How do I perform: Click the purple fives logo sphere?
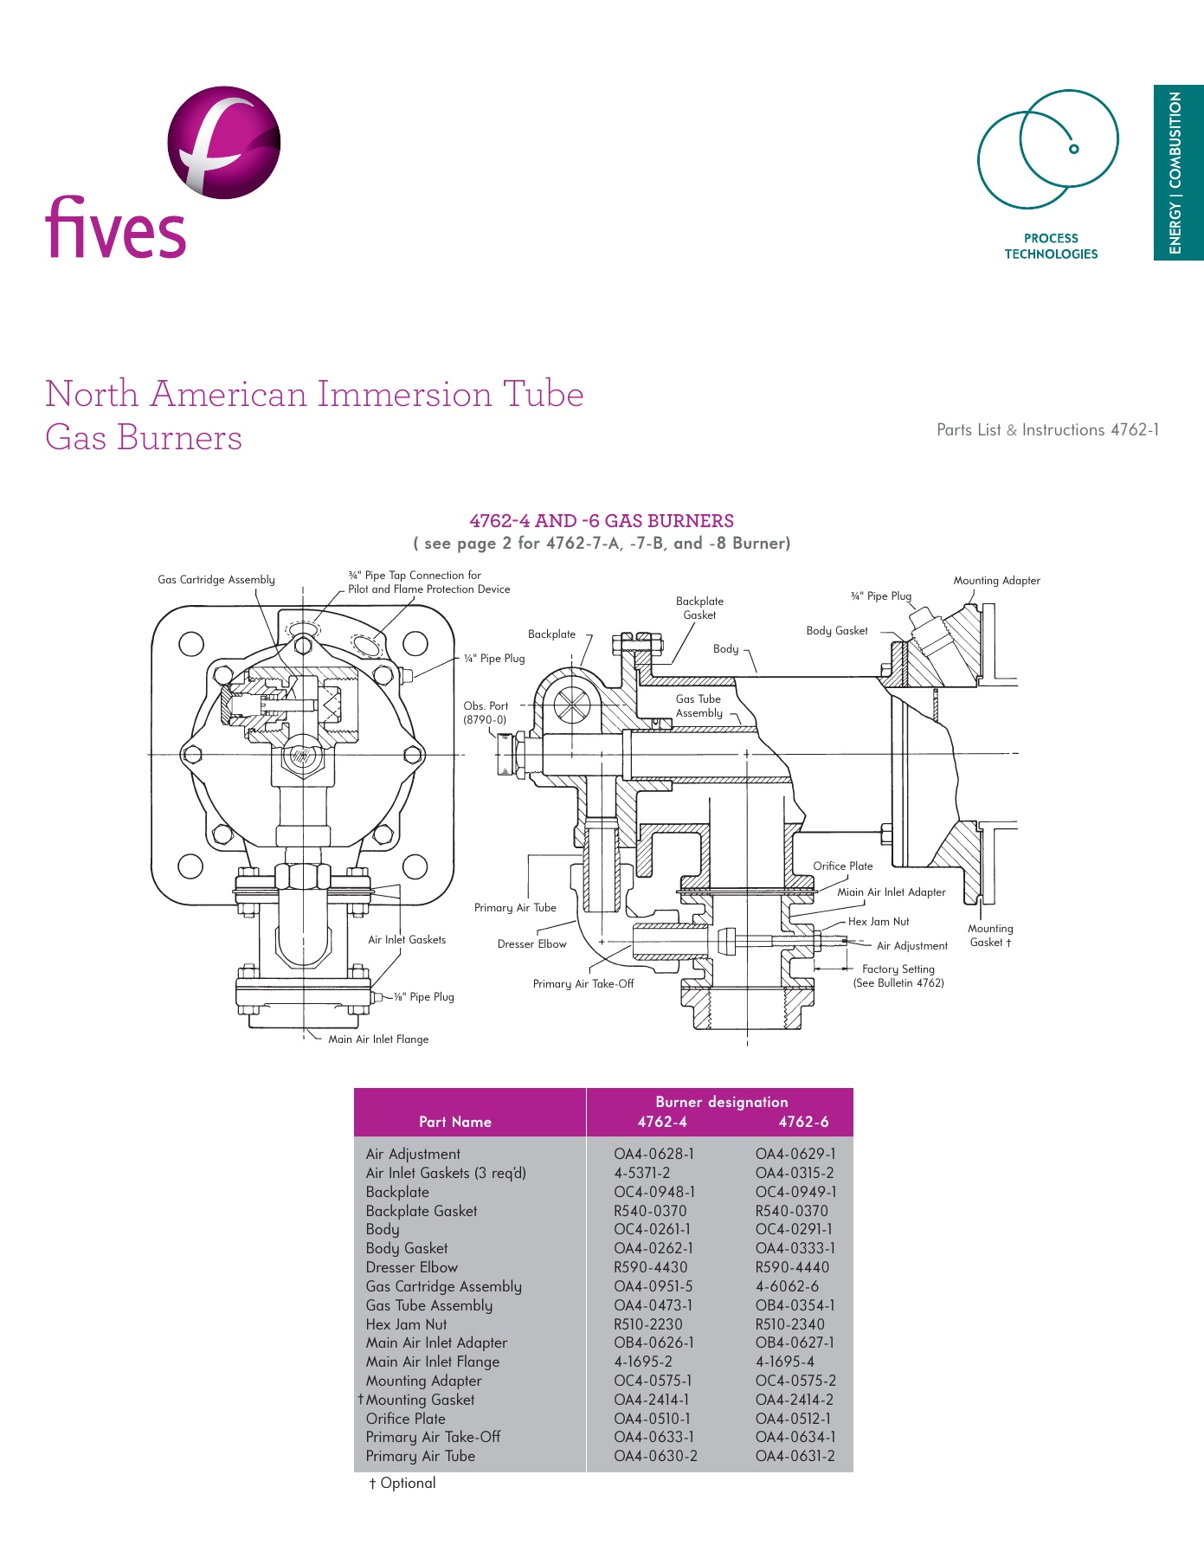coord(223,143)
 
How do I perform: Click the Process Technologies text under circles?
coord(1050,246)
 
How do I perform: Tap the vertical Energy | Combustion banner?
coord(1176,172)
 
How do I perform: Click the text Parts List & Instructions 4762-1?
coord(1047,430)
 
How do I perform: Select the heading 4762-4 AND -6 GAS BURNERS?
coord(601,521)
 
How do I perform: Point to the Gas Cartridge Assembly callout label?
coord(216,580)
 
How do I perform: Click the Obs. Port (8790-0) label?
coord(485,712)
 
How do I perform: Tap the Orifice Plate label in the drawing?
coord(842,866)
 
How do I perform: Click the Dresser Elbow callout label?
coord(531,944)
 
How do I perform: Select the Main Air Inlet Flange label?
coord(377,1040)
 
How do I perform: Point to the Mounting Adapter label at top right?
coord(996,581)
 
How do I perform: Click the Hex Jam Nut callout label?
coord(878,922)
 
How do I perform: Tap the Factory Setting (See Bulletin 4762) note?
coord(898,976)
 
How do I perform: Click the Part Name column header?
coord(454,1122)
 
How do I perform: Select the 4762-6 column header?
coord(802,1122)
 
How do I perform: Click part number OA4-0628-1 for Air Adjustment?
coord(654,1154)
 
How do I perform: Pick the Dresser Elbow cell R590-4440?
coord(791,1267)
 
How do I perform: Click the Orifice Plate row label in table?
coord(405,1419)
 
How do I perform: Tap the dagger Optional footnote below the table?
coord(402,1483)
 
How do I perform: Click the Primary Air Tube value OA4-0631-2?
coord(795,1456)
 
